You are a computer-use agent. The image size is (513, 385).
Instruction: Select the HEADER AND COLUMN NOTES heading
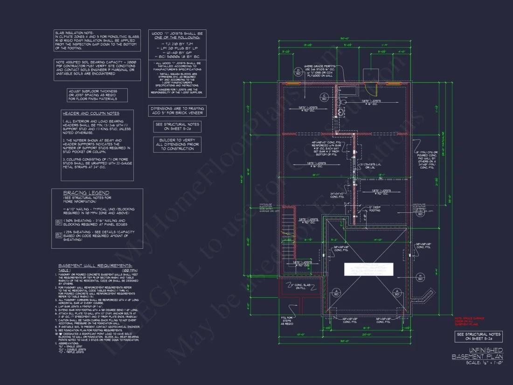pyautogui.click(x=91, y=113)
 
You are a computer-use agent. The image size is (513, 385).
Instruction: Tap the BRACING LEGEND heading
pyautogui.click(x=86, y=193)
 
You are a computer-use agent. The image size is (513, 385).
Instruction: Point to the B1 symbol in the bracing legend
pyautogui.click(x=59, y=223)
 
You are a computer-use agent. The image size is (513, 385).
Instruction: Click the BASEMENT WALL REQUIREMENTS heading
pyautogui.click(x=95, y=266)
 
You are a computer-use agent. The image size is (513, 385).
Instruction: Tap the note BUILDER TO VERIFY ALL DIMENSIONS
pyautogui.click(x=177, y=144)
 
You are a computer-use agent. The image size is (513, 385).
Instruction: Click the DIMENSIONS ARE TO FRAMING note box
pyautogui.click(x=177, y=111)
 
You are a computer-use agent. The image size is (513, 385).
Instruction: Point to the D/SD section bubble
pyautogui.click(x=298, y=72)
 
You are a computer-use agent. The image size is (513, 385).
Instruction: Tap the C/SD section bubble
pyautogui.click(x=323, y=97)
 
